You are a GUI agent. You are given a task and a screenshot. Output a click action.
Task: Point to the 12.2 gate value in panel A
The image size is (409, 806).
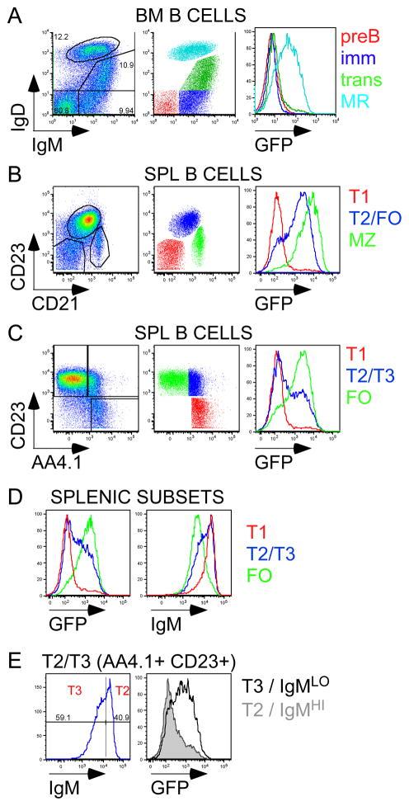pos(61,38)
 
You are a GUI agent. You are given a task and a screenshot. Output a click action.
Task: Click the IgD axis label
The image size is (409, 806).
pos(17,107)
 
